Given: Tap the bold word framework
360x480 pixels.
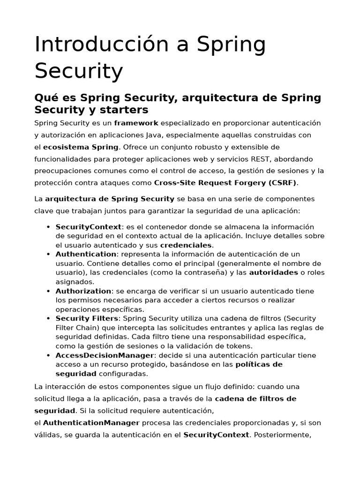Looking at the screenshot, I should click(x=136, y=123).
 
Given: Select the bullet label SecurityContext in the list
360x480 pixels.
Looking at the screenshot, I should click(x=88, y=227).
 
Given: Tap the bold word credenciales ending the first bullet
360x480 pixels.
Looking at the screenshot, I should click(x=186, y=245).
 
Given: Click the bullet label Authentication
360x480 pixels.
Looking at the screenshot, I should click(x=86, y=254).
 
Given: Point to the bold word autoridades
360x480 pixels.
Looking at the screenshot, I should click(x=273, y=272).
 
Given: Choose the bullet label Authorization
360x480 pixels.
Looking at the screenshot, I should click(x=83, y=291).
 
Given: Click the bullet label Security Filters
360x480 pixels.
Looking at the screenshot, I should click(x=87, y=319).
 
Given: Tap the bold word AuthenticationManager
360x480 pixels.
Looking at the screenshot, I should click(x=86, y=423).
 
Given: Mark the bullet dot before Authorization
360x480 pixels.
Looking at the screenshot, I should click(x=48, y=291).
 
